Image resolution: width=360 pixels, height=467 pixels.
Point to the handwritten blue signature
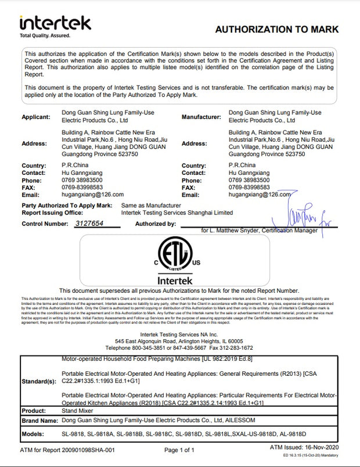point(297,215)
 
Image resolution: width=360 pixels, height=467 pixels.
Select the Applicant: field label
point(36,117)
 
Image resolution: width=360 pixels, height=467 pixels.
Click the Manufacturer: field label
point(201,117)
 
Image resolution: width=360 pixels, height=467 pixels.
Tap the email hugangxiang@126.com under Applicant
point(93,195)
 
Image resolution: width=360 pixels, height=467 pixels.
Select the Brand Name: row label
point(39,421)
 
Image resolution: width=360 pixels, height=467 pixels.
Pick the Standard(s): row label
point(39,381)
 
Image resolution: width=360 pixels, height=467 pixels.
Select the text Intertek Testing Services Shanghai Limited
point(177,213)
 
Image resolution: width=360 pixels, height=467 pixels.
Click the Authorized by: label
point(155,224)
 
